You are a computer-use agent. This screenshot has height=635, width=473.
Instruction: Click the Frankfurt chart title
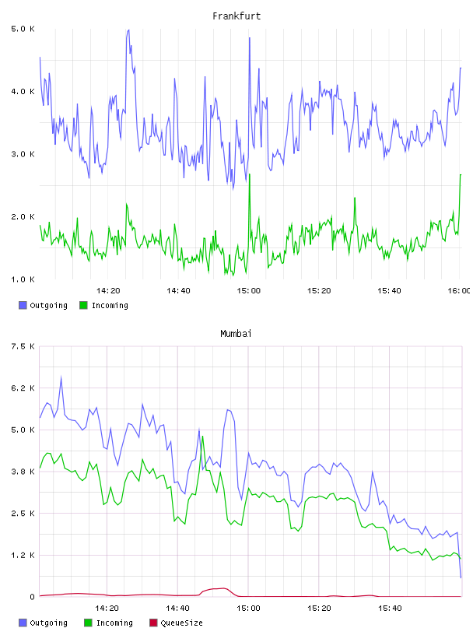point(236,16)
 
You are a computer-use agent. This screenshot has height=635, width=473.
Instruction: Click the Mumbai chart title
point(236,334)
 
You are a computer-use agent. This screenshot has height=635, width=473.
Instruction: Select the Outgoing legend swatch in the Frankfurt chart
point(23,305)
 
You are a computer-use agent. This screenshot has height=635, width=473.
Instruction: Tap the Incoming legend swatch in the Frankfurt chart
point(83,305)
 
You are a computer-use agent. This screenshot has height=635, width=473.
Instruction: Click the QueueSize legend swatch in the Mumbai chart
point(153,623)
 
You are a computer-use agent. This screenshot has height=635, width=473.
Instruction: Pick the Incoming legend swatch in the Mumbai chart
point(88,623)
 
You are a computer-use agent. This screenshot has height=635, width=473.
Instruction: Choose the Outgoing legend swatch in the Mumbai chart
point(23,623)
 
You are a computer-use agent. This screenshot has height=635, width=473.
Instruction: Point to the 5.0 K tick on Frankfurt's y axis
point(23,29)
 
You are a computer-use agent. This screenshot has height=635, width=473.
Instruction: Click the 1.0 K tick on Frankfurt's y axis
point(23,279)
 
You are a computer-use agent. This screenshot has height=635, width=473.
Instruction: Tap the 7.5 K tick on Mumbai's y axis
point(23,346)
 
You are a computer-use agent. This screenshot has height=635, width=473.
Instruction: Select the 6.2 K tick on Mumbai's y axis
point(23,388)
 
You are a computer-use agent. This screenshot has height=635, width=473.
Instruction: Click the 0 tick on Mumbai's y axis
point(33,597)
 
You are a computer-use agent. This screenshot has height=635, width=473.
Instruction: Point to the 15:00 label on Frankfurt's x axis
point(249,291)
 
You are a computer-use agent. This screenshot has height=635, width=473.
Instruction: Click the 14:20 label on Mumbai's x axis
point(107,609)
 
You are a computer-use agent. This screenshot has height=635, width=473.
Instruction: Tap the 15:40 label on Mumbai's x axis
point(390,609)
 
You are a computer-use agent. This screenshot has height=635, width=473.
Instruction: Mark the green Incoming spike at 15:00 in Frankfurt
point(250,174)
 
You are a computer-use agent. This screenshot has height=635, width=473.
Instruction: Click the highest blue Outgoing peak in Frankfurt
point(128,30)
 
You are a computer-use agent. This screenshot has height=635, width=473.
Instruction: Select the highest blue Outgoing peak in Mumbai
point(61,377)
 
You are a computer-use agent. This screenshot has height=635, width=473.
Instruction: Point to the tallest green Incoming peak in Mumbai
point(202,436)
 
